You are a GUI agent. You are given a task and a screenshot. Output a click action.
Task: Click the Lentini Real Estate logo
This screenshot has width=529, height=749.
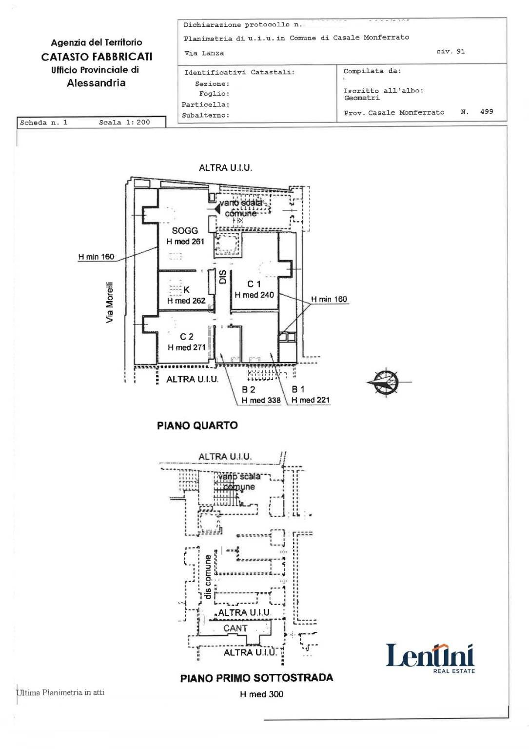[430, 657]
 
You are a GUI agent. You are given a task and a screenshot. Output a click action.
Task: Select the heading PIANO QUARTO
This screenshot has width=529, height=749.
[197, 425]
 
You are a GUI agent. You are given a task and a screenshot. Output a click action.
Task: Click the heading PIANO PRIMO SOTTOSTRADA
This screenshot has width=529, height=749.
[256, 678]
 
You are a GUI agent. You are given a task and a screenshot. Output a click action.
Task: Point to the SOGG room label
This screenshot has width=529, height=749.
[185, 230]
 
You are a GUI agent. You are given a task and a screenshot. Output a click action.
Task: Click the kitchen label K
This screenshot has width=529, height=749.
[186, 290]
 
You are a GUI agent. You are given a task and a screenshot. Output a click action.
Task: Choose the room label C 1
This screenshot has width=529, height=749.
[254, 284]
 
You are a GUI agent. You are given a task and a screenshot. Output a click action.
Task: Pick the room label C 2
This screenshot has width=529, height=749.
[187, 337]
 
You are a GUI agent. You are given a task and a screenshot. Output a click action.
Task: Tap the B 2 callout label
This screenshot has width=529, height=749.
[249, 389]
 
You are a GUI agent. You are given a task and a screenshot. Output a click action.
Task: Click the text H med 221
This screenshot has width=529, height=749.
[311, 400]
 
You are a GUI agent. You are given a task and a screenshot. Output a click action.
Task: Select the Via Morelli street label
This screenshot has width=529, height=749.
[110, 302]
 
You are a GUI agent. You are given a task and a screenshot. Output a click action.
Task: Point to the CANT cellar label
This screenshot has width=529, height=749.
[235, 628]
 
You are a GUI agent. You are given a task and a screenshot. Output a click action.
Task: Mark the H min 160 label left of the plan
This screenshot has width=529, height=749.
[96, 257]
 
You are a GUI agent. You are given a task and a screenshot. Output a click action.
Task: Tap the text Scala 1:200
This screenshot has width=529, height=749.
[124, 122]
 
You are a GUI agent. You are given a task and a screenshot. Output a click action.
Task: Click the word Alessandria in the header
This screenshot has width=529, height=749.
[96, 83]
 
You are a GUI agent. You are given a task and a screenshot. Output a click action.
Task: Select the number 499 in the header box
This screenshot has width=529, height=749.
[487, 112]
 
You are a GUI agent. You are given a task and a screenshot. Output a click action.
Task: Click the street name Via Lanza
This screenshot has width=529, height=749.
[204, 53]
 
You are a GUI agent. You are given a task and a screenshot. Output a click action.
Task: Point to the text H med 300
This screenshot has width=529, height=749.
[261, 694]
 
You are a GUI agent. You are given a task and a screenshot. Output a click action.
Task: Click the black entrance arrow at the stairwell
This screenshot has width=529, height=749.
[217, 209]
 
